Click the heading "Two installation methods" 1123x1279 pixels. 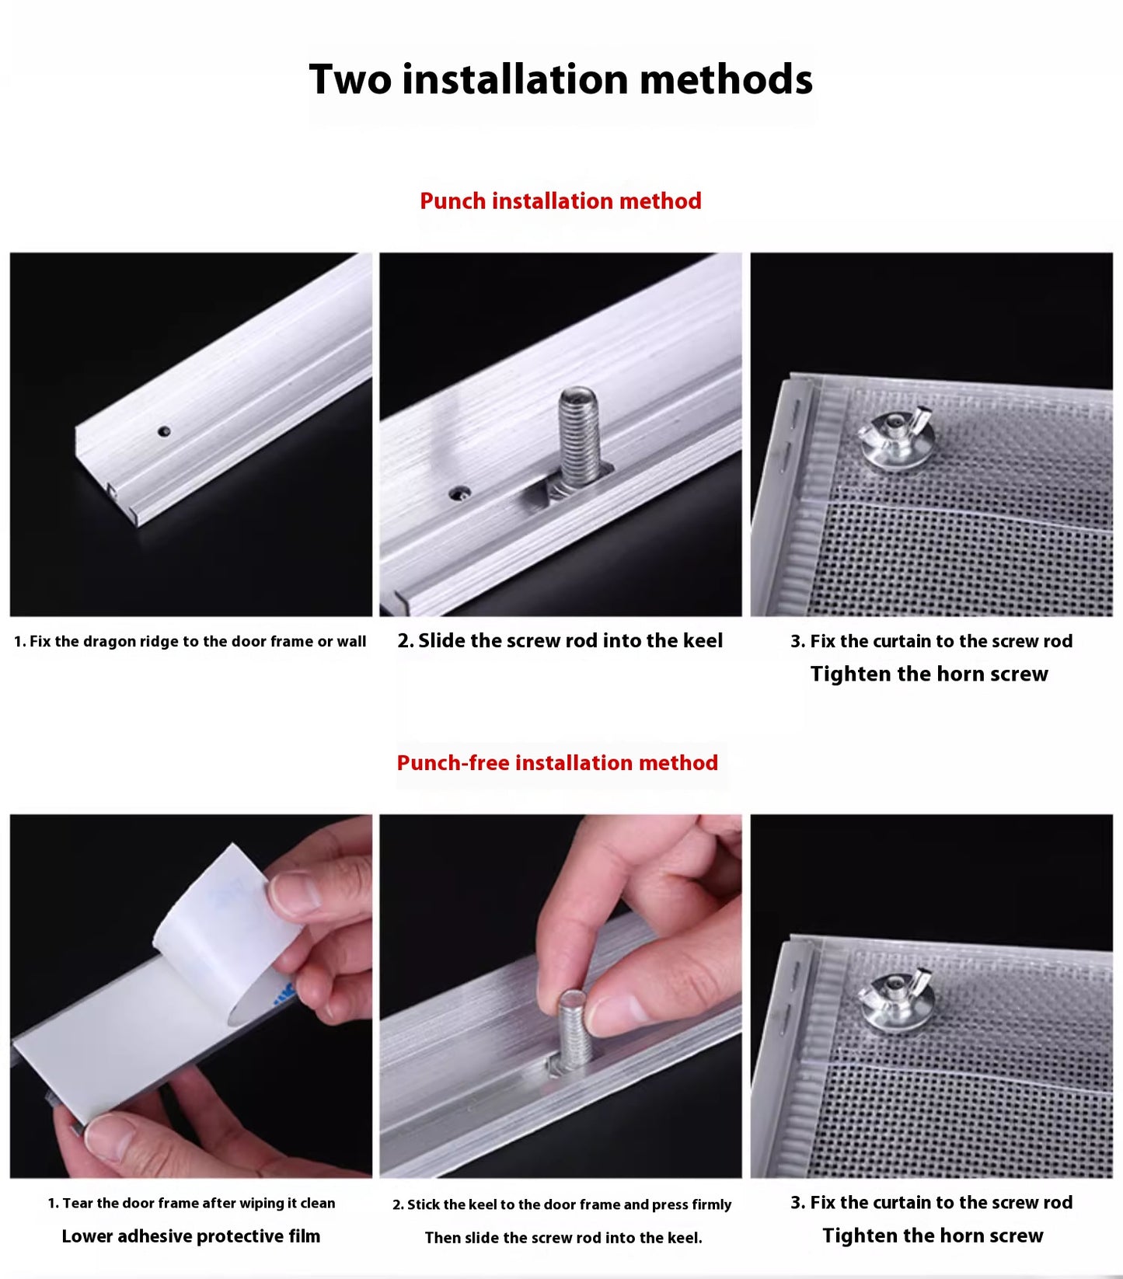pos(560,79)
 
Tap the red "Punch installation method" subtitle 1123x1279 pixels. pos(560,201)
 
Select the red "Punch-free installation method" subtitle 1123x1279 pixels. pos(557,763)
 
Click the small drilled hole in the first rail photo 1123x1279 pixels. pos(164,430)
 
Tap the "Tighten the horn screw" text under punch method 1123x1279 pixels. pos(929,674)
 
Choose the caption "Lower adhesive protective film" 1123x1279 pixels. pos(190,1236)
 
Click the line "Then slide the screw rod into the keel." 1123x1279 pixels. pos(563,1238)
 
